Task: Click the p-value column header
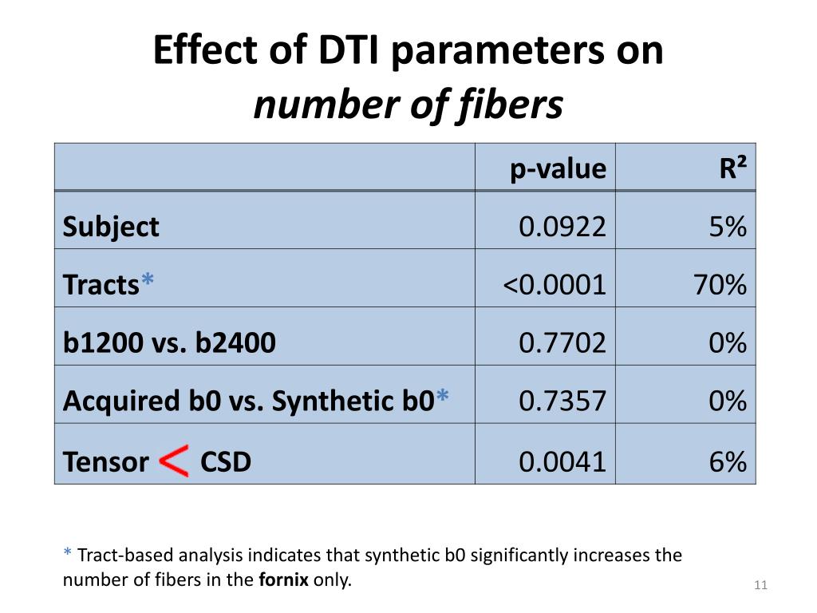[x=558, y=168]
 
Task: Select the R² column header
[x=732, y=168]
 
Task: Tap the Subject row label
[x=111, y=227]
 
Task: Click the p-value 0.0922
[x=562, y=227]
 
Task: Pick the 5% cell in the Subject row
[x=728, y=227]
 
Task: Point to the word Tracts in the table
[x=101, y=285]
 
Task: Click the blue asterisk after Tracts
[x=148, y=281]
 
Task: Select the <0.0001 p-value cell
[x=555, y=285]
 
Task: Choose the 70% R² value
[x=720, y=285]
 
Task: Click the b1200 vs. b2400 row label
[x=169, y=343]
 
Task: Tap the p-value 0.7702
[x=562, y=343]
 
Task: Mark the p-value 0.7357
[x=562, y=401]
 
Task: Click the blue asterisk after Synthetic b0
[x=443, y=397]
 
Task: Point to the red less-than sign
[x=174, y=461]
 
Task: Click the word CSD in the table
[x=226, y=461]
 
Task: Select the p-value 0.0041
[x=562, y=461]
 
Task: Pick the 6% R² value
[x=728, y=461]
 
